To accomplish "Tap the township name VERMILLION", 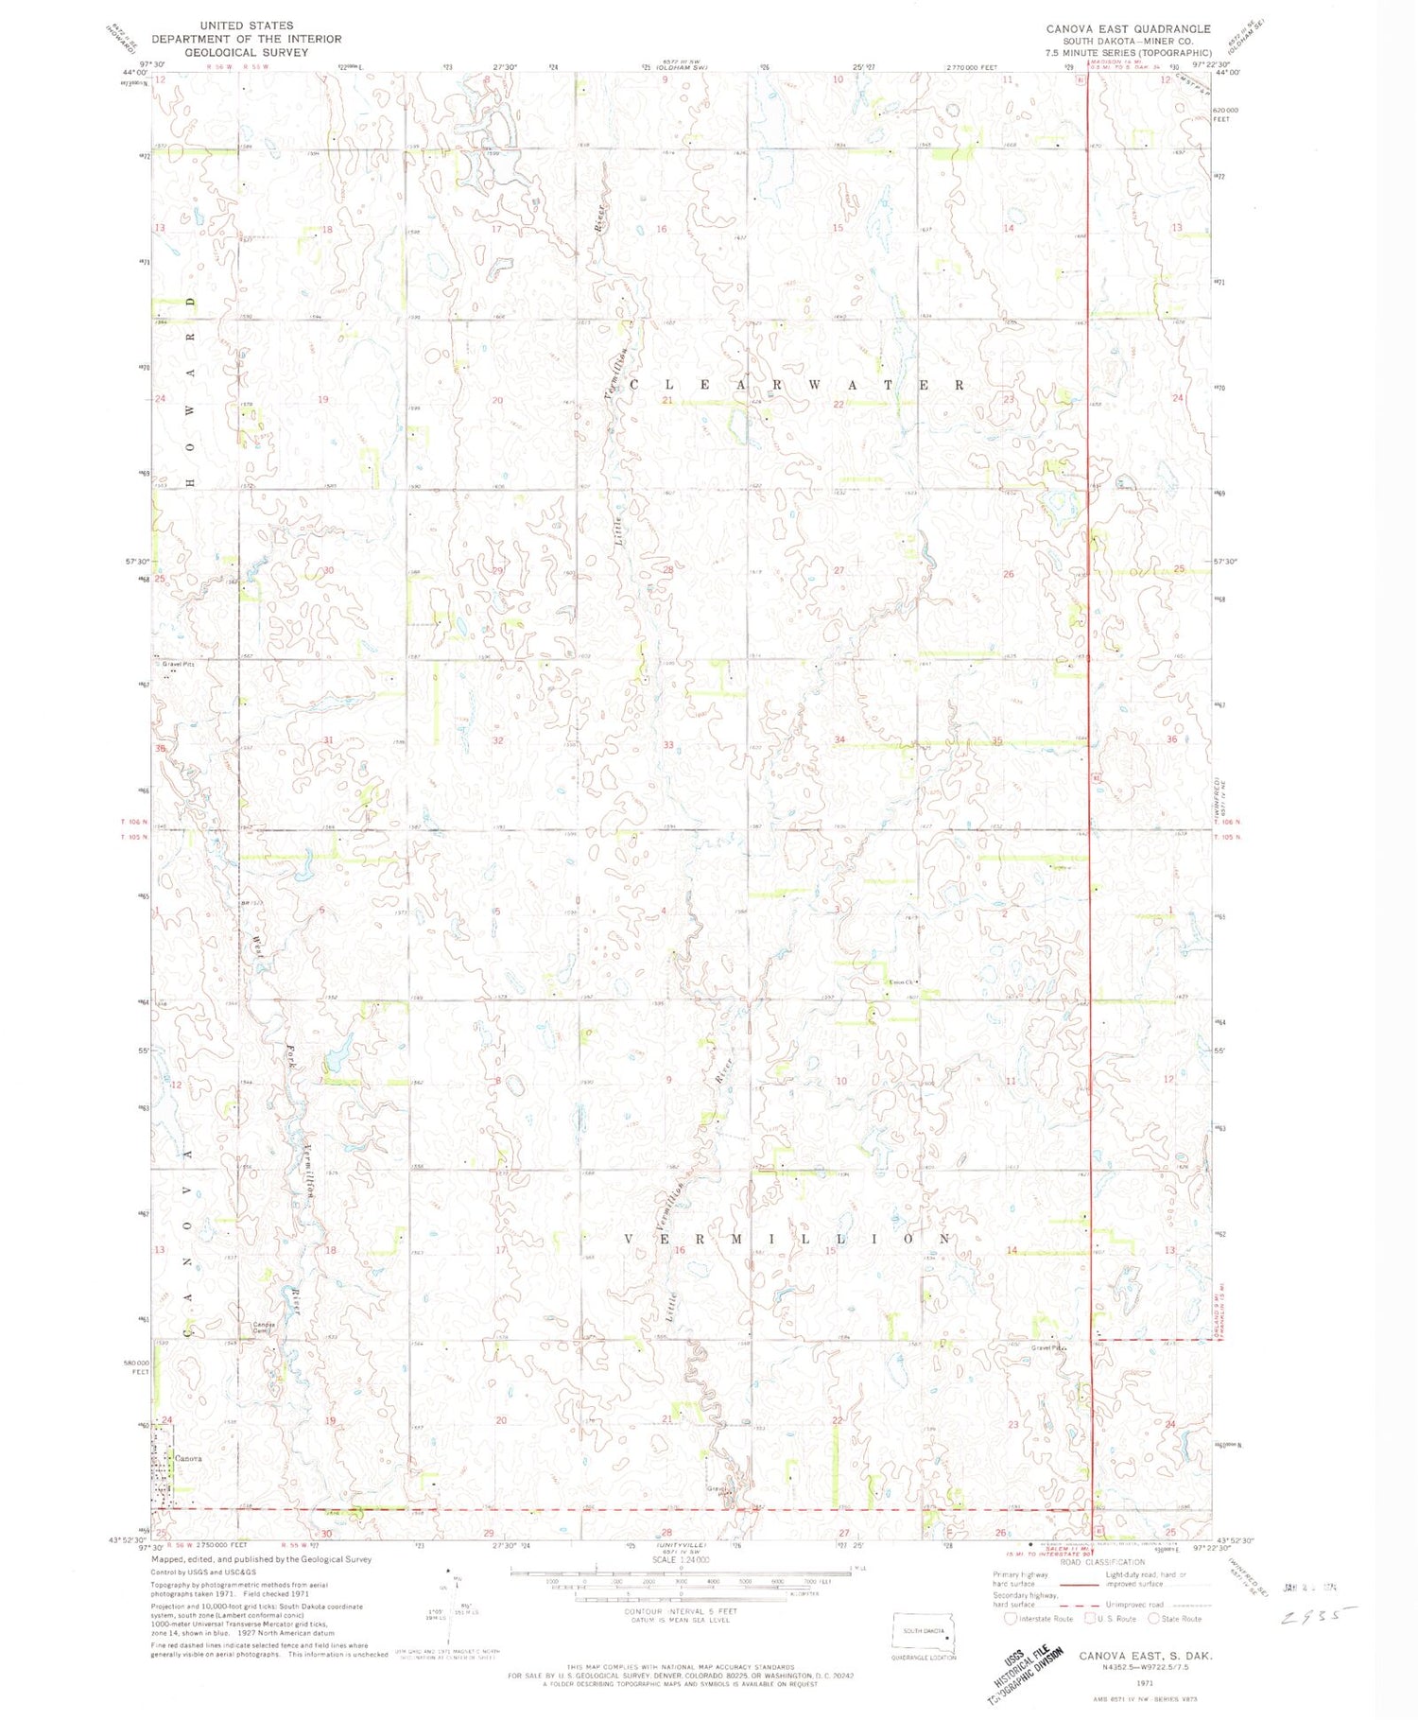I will pos(787,1238).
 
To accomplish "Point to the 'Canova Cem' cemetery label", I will pos(263,1327).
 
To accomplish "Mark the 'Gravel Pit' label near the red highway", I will pos(1048,1347).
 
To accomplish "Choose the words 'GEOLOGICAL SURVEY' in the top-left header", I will pos(247,53).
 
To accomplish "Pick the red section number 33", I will pos(668,745).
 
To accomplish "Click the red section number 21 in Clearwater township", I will pos(667,401).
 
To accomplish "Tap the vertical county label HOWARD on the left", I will pos(191,391).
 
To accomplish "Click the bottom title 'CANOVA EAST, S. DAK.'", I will pos(1146,1656).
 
